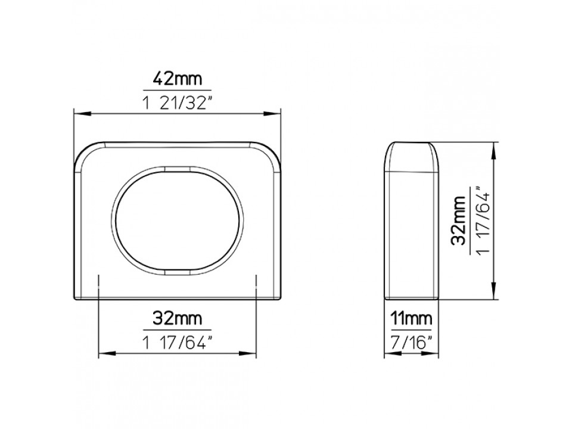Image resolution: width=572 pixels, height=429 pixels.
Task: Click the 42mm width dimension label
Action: click(177, 79)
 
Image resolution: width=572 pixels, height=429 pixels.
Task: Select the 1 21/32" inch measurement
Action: click(178, 104)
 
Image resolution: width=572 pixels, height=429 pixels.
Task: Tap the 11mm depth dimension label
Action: click(411, 318)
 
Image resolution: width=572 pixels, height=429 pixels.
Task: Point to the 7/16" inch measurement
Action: click(411, 343)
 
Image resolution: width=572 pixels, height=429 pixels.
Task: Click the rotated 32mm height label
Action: click(459, 220)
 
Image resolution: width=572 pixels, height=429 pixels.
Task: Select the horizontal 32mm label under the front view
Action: click(177, 318)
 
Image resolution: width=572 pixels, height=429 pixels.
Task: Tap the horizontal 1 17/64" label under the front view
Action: click(178, 343)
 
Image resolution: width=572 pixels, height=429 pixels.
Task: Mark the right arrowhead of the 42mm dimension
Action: click(272, 114)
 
